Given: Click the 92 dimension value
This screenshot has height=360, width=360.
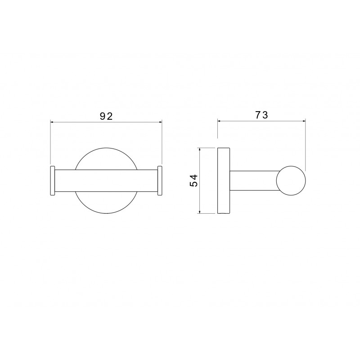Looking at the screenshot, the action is (106, 117).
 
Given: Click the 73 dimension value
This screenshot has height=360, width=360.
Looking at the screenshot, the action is (262, 115).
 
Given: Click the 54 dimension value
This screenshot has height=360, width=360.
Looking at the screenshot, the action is (194, 181).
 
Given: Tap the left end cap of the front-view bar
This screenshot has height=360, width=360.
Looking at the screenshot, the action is (52, 180).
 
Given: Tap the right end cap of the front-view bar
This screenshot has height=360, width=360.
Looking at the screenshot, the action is (160, 180).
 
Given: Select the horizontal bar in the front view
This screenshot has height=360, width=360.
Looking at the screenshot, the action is (106, 180).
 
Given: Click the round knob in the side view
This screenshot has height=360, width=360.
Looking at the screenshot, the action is (291, 181).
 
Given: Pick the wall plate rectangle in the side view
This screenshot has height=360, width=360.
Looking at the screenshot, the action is (224, 181).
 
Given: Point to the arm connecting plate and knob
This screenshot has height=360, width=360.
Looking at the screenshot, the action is (254, 181).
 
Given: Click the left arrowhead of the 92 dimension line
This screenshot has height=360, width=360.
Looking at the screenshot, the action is (52, 122).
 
